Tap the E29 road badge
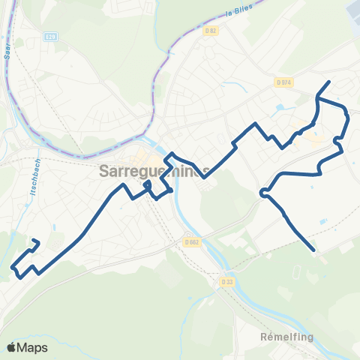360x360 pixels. (50, 36)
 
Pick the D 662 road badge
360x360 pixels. (191, 241)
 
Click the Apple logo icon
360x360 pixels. (12, 347)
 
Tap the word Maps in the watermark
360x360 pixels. (33, 347)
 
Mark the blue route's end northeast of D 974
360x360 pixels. (328, 82)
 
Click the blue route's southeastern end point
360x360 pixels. (313, 250)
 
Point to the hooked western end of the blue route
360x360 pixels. (35, 241)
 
